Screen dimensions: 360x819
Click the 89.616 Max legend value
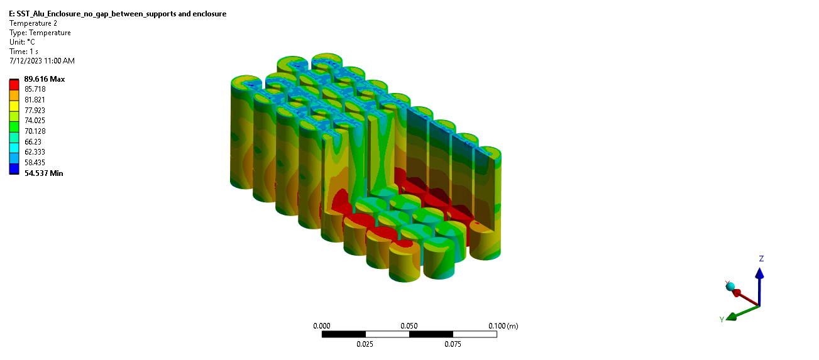click(x=44, y=79)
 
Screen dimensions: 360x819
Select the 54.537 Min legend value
click(x=43, y=173)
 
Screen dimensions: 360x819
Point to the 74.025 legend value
click(x=35, y=121)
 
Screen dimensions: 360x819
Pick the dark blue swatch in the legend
click(x=14, y=168)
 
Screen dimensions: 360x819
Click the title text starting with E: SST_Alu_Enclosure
click(x=118, y=14)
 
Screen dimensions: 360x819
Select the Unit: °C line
click(x=22, y=42)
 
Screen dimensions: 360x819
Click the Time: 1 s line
click(x=23, y=52)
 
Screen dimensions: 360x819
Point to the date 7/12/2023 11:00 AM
click(x=41, y=61)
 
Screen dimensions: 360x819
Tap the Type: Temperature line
click(x=40, y=33)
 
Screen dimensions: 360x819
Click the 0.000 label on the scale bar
click(x=321, y=326)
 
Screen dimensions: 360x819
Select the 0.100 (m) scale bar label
click(x=503, y=326)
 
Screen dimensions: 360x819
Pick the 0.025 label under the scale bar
click(x=365, y=344)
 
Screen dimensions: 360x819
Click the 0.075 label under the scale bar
click(x=453, y=344)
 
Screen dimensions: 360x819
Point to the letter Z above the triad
click(x=761, y=259)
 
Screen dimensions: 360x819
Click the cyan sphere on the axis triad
click(x=730, y=286)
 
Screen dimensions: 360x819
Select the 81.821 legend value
click(x=35, y=100)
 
